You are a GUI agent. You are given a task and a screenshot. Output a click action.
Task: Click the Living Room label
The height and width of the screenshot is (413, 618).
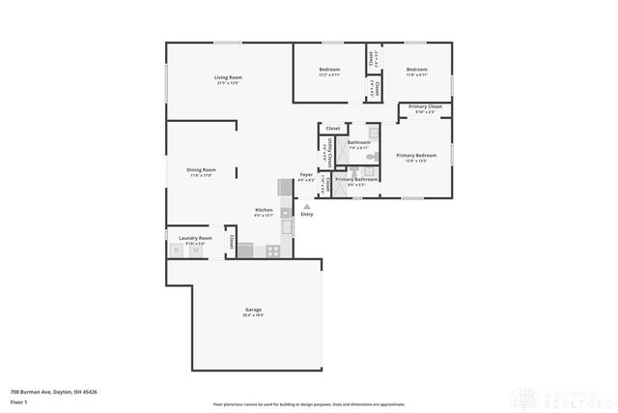[x=228, y=77]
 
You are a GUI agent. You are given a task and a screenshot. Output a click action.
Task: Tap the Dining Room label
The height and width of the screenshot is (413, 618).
[x=202, y=170]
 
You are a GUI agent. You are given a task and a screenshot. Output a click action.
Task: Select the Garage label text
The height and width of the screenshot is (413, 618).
[x=253, y=310]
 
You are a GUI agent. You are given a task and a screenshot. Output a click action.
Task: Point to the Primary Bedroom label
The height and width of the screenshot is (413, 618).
[x=416, y=156]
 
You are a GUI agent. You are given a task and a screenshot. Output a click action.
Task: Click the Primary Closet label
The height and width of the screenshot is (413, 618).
[x=425, y=106]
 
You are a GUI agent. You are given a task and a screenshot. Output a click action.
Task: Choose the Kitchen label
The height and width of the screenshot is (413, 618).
[x=264, y=210]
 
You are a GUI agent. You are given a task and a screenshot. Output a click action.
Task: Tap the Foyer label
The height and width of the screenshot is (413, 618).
[x=306, y=175]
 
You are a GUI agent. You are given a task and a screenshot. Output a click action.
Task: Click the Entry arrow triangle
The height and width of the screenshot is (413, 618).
[x=307, y=206]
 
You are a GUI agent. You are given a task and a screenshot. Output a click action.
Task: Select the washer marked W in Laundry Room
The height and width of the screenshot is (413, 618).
[x=196, y=251]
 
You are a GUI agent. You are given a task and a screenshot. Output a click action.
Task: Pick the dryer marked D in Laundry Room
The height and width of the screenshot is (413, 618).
[x=177, y=251]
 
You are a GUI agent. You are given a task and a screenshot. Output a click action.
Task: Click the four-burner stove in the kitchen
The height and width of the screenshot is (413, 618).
[x=273, y=251]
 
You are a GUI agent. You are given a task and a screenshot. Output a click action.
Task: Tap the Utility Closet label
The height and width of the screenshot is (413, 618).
[x=330, y=153]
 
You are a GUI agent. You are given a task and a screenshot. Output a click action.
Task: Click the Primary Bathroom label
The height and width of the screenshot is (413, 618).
[x=356, y=179]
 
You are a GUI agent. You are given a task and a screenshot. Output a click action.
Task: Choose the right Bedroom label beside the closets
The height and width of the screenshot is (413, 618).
[x=416, y=70]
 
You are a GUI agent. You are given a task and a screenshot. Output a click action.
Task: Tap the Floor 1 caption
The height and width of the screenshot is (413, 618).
[x=17, y=401]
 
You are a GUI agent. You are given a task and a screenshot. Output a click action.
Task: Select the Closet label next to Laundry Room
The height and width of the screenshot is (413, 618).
[x=232, y=239]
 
